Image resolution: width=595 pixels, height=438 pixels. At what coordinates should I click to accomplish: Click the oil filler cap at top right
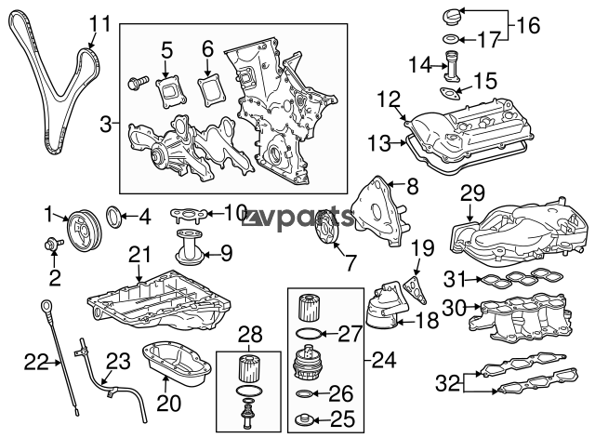pyautogui.click(x=452, y=19)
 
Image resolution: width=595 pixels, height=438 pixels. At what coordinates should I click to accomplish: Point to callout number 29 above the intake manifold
pyautogui.click(x=472, y=193)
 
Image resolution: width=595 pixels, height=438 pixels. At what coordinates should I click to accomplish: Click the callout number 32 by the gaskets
pyautogui.click(x=447, y=382)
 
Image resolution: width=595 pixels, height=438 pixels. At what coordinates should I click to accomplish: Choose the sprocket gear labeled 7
pyautogui.click(x=328, y=233)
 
